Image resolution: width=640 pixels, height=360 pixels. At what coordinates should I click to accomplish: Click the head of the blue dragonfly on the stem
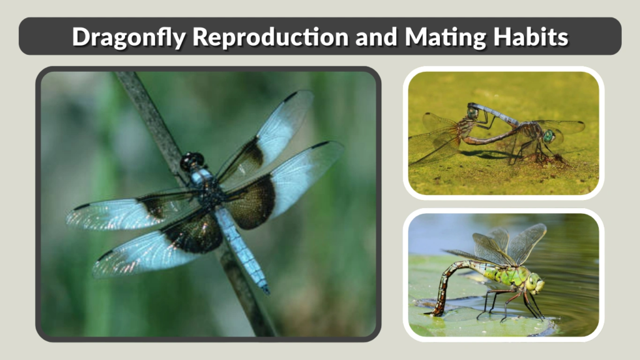pos(191,161)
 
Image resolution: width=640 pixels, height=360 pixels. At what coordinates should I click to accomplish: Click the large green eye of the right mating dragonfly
pos(549,136)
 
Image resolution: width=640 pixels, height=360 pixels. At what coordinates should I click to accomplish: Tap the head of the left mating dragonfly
pos(472,113)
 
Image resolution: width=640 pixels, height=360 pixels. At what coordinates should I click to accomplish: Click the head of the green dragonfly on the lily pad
pos(535,283)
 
